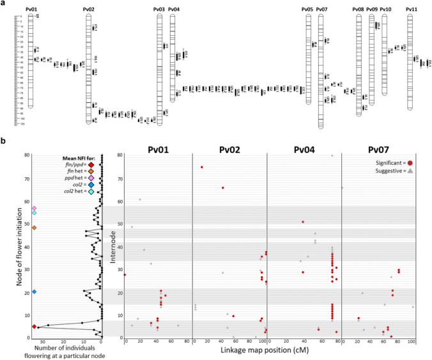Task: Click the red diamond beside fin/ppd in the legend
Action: (x=81, y=164)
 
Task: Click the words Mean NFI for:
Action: (x=63, y=157)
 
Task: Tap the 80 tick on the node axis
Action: (x=29, y=155)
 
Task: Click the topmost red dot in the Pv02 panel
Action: (x=202, y=167)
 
